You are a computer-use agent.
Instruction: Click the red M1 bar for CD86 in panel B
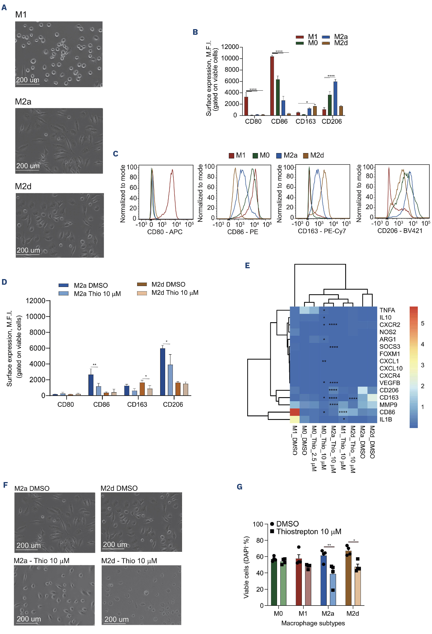[x=272, y=86]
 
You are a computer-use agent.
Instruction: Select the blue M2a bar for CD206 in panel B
[x=335, y=98]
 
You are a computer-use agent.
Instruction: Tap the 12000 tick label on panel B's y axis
[x=230, y=47]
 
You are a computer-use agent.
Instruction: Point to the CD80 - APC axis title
[x=165, y=232]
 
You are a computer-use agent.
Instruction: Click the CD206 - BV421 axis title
[x=400, y=231]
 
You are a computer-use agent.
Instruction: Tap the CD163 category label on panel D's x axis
[x=137, y=404]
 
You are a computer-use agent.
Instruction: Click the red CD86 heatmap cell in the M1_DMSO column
[x=294, y=412]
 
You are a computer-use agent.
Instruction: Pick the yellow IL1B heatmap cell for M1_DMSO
[x=294, y=419]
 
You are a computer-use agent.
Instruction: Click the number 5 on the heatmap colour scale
[x=422, y=324]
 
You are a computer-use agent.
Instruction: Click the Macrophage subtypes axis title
[x=313, y=623]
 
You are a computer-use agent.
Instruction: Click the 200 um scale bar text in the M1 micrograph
[x=28, y=80]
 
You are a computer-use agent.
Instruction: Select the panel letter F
[x=5, y=485]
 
